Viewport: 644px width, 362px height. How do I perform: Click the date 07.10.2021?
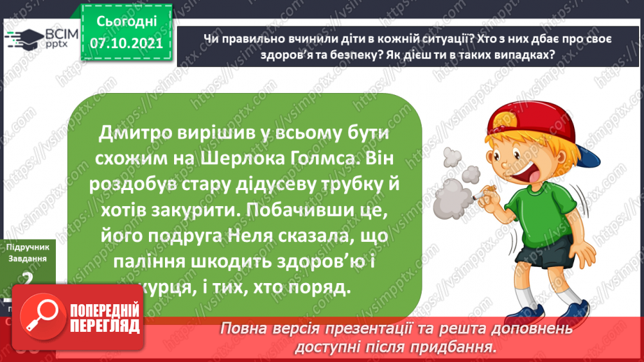point(126,43)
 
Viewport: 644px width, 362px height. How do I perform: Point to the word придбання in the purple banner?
point(459,346)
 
